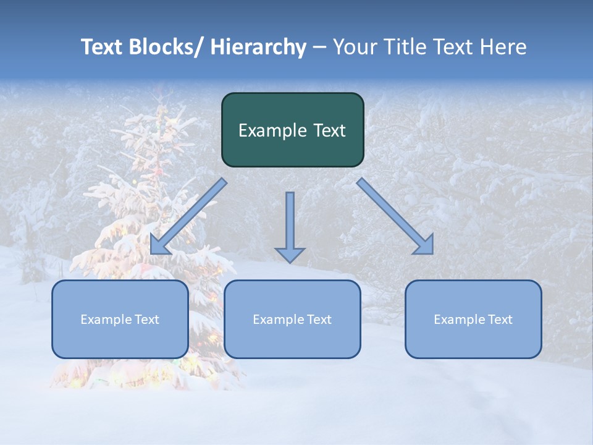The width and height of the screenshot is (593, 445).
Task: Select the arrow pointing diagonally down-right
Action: (395, 216)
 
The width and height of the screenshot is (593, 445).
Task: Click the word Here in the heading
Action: (503, 47)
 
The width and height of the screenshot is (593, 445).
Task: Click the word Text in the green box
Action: (329, 131)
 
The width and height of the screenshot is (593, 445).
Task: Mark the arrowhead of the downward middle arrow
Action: (290, 254)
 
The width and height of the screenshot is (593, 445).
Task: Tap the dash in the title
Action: (319, 48)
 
